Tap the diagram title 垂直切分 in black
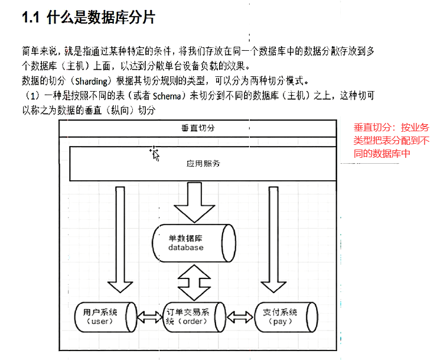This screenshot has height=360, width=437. [198, 128]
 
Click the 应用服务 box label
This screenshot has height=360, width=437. [203, 163]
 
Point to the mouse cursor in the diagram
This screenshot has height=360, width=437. [155, 154]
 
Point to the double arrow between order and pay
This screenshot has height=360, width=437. [241, 316]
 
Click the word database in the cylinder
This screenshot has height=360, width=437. [185, 248]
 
